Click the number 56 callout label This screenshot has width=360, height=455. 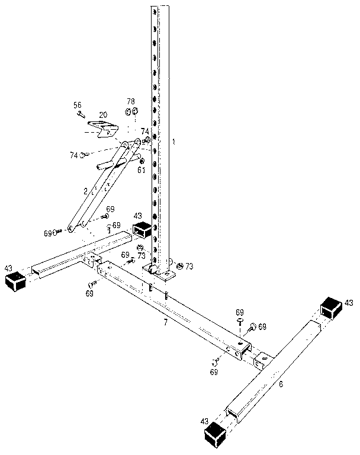pyautogui.click(x=77, y=105)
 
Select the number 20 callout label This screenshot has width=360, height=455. pyautogui.click(x=103, y=114)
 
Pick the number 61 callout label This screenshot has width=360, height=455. pyautogui.click(x=142, y=170)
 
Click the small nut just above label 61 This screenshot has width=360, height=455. pyautogui.click(x=142, y=161)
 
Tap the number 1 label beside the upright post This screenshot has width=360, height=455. pyautogui.click(x=173, y=141)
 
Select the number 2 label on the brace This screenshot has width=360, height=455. pyautogui.click(x=85, y=191)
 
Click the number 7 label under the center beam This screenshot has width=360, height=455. pyautogui.click(x=166, y=322)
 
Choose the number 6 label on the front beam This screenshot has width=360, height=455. pyautogui.click(x=281, y=384)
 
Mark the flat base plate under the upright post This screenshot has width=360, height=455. pyautogui.click(x=162, y=273)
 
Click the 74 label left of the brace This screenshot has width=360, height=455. pyautogui.click(x=74, y=155)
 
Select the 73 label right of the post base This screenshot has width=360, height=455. pyautogui.click(x=189, y=267)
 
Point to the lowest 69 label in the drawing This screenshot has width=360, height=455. pyautogui.click(x=214, y=372)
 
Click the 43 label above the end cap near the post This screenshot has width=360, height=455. pyautogui.click(x=138, y=216)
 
